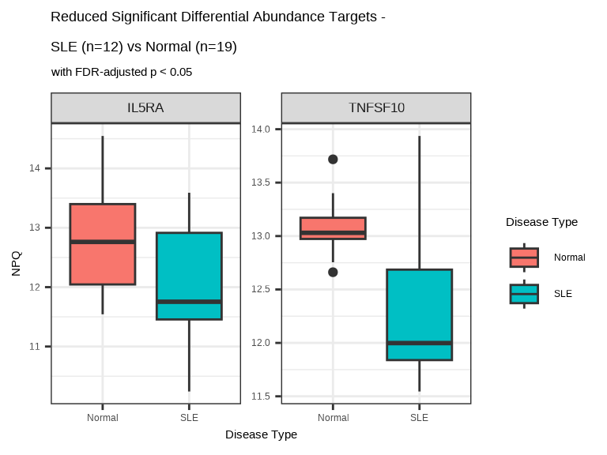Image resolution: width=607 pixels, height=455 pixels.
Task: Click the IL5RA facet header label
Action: [145, 108]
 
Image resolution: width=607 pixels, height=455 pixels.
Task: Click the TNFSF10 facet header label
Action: [376, 108]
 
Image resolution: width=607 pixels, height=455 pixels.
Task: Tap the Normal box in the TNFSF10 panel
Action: [333, 227]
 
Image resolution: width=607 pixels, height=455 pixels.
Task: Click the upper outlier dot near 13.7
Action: [333, 159]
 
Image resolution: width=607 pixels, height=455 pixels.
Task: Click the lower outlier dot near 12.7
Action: [333, 272]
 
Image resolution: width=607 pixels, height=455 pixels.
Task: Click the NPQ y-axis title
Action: [16, 263]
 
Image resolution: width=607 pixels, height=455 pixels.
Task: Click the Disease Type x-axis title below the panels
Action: [261, 434]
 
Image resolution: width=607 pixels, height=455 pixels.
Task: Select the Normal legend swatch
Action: [524, 258]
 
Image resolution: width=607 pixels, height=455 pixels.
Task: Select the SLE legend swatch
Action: [524, 294]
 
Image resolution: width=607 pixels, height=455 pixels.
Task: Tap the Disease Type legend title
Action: [541, 222]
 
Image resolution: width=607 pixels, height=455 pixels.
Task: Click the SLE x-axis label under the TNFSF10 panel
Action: [419, 417]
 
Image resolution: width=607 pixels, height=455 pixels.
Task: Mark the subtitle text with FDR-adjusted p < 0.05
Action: [122, 72]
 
